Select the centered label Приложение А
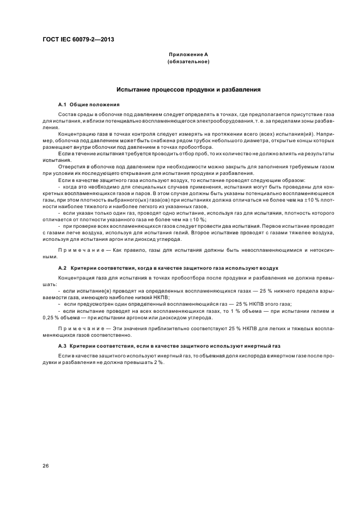point(188,55)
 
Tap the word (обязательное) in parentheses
point(188,62)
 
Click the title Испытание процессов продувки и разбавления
point(188,89)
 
